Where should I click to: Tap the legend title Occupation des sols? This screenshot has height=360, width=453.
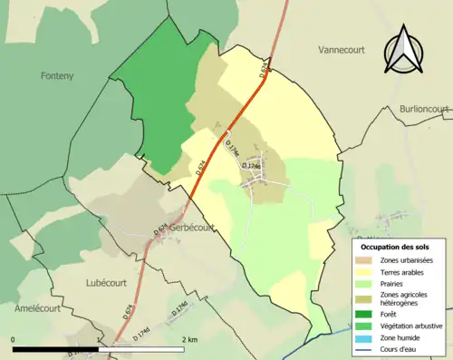[x=395, y=247]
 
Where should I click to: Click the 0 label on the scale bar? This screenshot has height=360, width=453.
[x=14, y=339]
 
